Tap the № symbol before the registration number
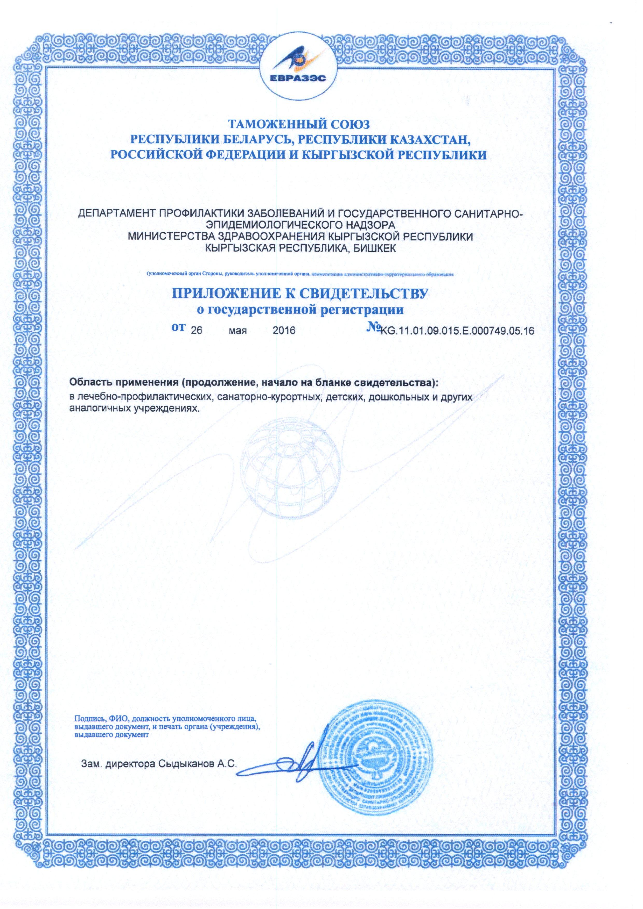374,328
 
